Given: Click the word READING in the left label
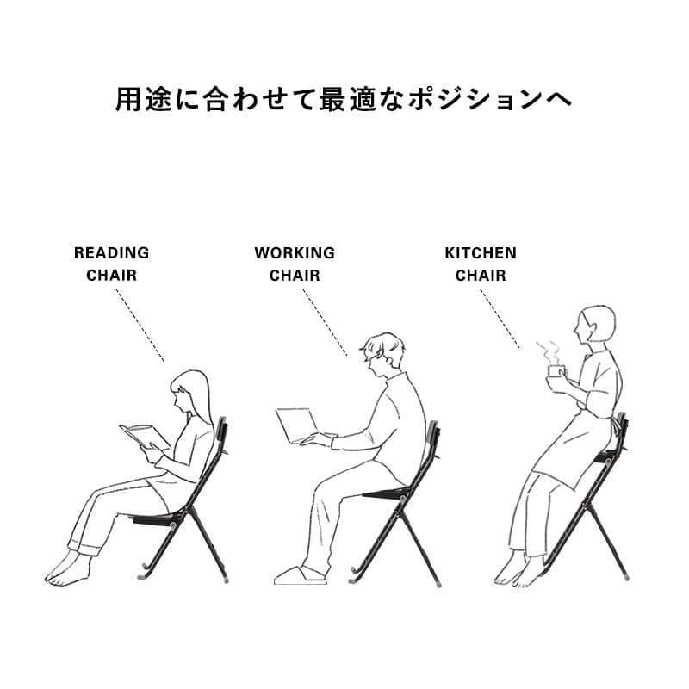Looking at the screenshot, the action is tap(112, 252).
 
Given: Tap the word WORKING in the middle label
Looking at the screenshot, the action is tap(295, 252).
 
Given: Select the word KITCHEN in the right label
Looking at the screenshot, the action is tap(481, 252).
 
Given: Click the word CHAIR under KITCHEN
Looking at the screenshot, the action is tap(481, 276).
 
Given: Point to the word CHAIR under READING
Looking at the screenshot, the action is tap(112, 276).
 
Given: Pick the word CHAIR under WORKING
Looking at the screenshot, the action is tap(295, 276).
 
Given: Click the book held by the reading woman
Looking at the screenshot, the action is tap(144, 436).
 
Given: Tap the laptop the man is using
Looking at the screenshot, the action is tap(296, 425).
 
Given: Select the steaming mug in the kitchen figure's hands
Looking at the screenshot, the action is tap(556, 371).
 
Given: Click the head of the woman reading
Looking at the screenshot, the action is tap(189, 391).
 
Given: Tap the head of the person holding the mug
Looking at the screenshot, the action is tap(595, 325).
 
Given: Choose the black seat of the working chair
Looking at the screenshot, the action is tap(387, 493).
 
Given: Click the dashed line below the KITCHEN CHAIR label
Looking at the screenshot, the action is tap(500, 319).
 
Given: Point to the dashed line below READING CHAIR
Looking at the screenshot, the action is tap(140, 326).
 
